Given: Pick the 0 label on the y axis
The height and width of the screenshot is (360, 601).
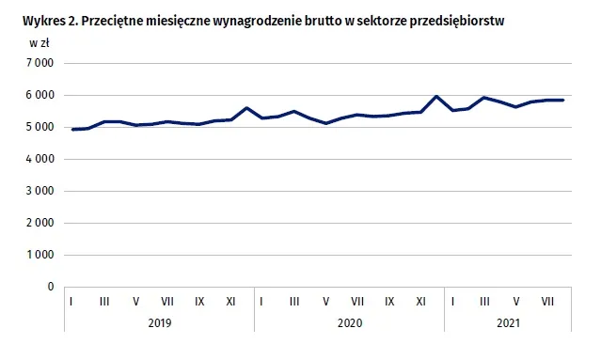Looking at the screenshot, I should tap(49, 287).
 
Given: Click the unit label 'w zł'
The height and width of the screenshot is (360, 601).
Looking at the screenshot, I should tap(39, 43).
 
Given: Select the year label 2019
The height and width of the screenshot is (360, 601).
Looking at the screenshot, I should tap(159, 321).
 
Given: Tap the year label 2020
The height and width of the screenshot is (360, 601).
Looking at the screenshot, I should tap(349, 321).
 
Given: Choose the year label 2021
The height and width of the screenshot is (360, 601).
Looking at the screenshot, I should tap(507, 321).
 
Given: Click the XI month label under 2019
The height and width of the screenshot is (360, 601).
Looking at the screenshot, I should tap(230, 301).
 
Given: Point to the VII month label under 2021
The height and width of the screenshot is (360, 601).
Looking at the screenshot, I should tap(547, 301).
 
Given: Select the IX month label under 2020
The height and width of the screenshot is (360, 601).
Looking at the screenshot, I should tap(389, 301).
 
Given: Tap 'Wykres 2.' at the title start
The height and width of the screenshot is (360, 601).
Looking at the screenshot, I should tap(35, 21).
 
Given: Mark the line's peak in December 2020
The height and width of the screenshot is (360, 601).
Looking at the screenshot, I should tap(436, 96).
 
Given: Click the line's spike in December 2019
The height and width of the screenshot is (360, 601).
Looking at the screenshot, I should tap(246, 107).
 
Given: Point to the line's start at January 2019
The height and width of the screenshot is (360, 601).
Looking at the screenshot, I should tap(72, 130).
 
